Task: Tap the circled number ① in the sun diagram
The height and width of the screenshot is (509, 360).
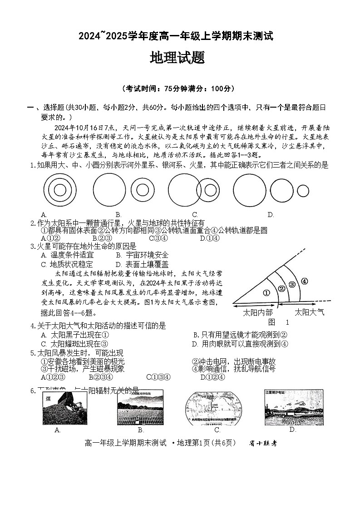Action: click(266, 292)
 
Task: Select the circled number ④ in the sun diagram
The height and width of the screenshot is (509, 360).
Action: click(304, 281)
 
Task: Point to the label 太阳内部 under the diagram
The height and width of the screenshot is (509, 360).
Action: click(258, 312)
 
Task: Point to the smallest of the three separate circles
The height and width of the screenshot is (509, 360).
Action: click(303, 191)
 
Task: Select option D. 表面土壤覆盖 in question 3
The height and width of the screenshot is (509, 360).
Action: click(142, 264)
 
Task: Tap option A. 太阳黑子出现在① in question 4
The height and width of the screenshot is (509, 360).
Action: click(74, 335)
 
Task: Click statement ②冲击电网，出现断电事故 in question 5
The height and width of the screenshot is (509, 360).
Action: click(233, 361)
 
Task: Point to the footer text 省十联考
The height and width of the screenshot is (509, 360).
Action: click(263, 444)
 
